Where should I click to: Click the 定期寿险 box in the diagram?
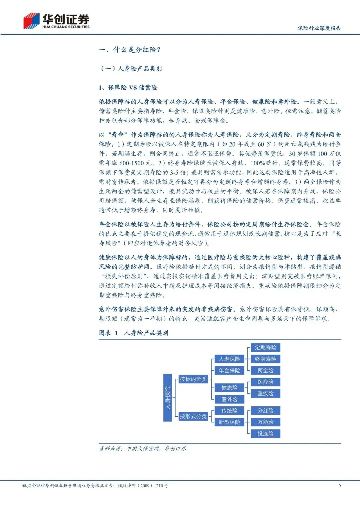[265, 348]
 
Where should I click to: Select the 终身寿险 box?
[265, 359]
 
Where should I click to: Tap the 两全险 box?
[265, 370]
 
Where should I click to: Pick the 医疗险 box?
[265, 382]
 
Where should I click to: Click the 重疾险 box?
[265, 393]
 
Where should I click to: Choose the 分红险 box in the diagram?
[265, 411]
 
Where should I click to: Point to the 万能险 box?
[265, 422]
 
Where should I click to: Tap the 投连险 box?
[265, 433]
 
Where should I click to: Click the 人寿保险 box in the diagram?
[229, 359]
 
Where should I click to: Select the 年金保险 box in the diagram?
[229, 370]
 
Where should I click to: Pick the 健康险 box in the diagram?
[229, 388]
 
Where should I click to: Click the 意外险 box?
[229, 399]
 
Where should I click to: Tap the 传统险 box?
[229, 411]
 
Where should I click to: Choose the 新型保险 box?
[229, 422]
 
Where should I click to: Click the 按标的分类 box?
[193, 379]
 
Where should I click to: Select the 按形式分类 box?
[193, 416]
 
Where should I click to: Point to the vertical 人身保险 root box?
[167, 397]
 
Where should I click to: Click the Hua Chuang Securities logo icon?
[31, 21]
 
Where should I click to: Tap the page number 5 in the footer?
[340, 485]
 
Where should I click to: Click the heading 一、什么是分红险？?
[130, 50]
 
